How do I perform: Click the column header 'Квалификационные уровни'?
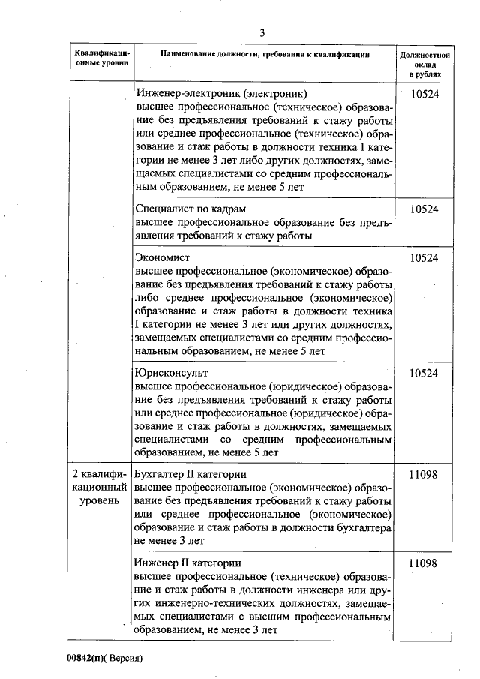[x=102, y=59]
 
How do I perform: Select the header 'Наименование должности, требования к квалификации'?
[x=263, y=54]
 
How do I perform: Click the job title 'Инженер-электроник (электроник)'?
[x=221, y=95]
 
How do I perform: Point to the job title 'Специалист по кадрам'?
[x=190, y=209]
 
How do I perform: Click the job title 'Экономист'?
[x=163, y=257]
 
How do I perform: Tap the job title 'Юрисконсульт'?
[x=171, y=372]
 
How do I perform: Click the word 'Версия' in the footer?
[x=123, y=658]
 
